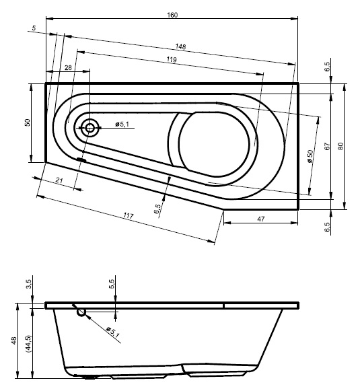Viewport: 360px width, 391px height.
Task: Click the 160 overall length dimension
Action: [x=172, y=15]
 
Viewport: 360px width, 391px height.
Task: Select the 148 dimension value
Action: [x=180, y=46]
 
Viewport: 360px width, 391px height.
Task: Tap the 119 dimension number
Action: [x=172, y=59]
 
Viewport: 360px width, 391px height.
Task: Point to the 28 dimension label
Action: [x=68, y=67]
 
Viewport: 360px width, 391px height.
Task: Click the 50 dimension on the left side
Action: [x=27, y=122]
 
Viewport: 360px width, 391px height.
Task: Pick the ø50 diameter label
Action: [x=310, y=156]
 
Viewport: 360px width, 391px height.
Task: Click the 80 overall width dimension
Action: [x=340, y=146]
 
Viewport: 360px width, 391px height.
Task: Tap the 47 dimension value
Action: [x=260, y=219]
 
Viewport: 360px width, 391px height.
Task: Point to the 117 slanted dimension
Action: [x=129, y=215]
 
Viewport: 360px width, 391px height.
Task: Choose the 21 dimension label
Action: [x=59, y=180]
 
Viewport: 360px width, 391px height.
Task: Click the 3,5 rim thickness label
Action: [x=29, y=284]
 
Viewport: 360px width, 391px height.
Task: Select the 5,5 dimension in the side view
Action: [x=112, y=284]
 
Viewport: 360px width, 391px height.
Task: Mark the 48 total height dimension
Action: [x=14, y=341]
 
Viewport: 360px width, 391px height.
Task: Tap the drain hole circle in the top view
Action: [x=89, y=128]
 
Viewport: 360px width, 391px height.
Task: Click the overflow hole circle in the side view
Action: [x=81, y=312]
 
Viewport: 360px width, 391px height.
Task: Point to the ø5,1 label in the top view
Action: [x=122, y=124]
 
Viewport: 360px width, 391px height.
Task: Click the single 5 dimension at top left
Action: [x=34, y=28]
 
